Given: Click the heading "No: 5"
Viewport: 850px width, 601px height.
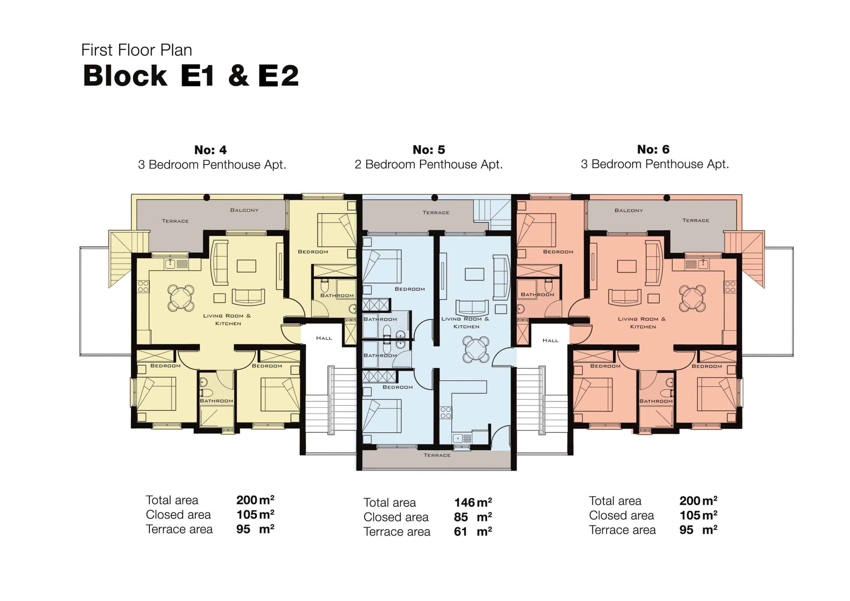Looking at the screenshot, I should [429, 150].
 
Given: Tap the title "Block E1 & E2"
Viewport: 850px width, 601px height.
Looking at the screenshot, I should [191, 76].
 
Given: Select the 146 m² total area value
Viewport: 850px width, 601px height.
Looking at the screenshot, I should [473, 502].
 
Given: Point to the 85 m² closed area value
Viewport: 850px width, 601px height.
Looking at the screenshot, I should [473, 517].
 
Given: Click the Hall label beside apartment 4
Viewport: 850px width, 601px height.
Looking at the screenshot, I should [324, 338].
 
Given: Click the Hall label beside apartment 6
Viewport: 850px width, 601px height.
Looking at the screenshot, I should [550, 340].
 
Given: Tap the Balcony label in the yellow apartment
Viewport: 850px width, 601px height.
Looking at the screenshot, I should [244, 210].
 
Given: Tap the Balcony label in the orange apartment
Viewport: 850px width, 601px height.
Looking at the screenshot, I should [629, 210].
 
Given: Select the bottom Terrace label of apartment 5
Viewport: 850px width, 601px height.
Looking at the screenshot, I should [437, 455].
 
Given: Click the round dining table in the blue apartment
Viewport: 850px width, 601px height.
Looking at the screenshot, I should [476, 349].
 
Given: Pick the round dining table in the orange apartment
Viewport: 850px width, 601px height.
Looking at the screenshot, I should [692, 298].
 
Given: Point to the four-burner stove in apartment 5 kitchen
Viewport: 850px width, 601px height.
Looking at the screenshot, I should [446, 412].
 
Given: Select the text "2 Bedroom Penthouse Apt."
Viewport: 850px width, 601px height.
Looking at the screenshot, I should [429, 164].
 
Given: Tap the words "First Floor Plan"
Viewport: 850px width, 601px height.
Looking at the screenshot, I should [136, 50].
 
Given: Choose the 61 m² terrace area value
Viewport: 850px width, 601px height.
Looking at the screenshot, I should [473, 531].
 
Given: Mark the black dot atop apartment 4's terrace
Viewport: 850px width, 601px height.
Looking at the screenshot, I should [207, 197].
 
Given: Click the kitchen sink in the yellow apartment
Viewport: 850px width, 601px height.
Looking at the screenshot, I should [170, 264].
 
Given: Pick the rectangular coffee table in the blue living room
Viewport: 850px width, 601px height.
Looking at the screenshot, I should [474, 274].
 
